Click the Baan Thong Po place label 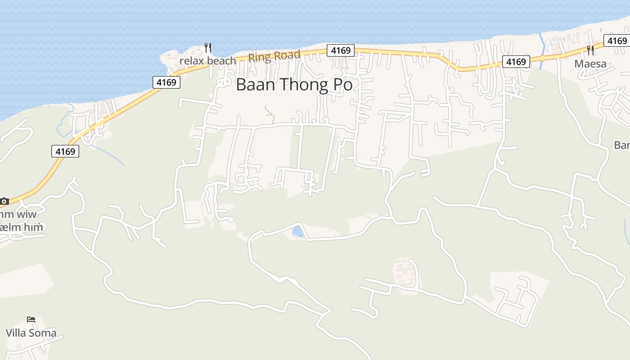click(x=294, y=85)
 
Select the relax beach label click(x=207, y=61)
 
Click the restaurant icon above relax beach click(x=207, y=47)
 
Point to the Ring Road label click(x=274, y=57)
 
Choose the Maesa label click(x=590, y=64)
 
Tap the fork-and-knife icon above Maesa click(x=590, y=49)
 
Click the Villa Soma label click(x=31, y=333)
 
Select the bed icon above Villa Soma click(x=31, y=319)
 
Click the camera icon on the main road click(x=4, y=201)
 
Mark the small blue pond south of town click(x=297, y=231)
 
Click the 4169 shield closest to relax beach click(x=166, y=82)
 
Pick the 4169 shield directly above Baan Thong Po click(x=341, y=50)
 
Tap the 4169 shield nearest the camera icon click(x=65, y=151)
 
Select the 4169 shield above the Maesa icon click(x=616, y=41)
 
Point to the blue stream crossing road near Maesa click(x=541, y=52)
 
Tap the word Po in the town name click(x=342, y=85)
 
